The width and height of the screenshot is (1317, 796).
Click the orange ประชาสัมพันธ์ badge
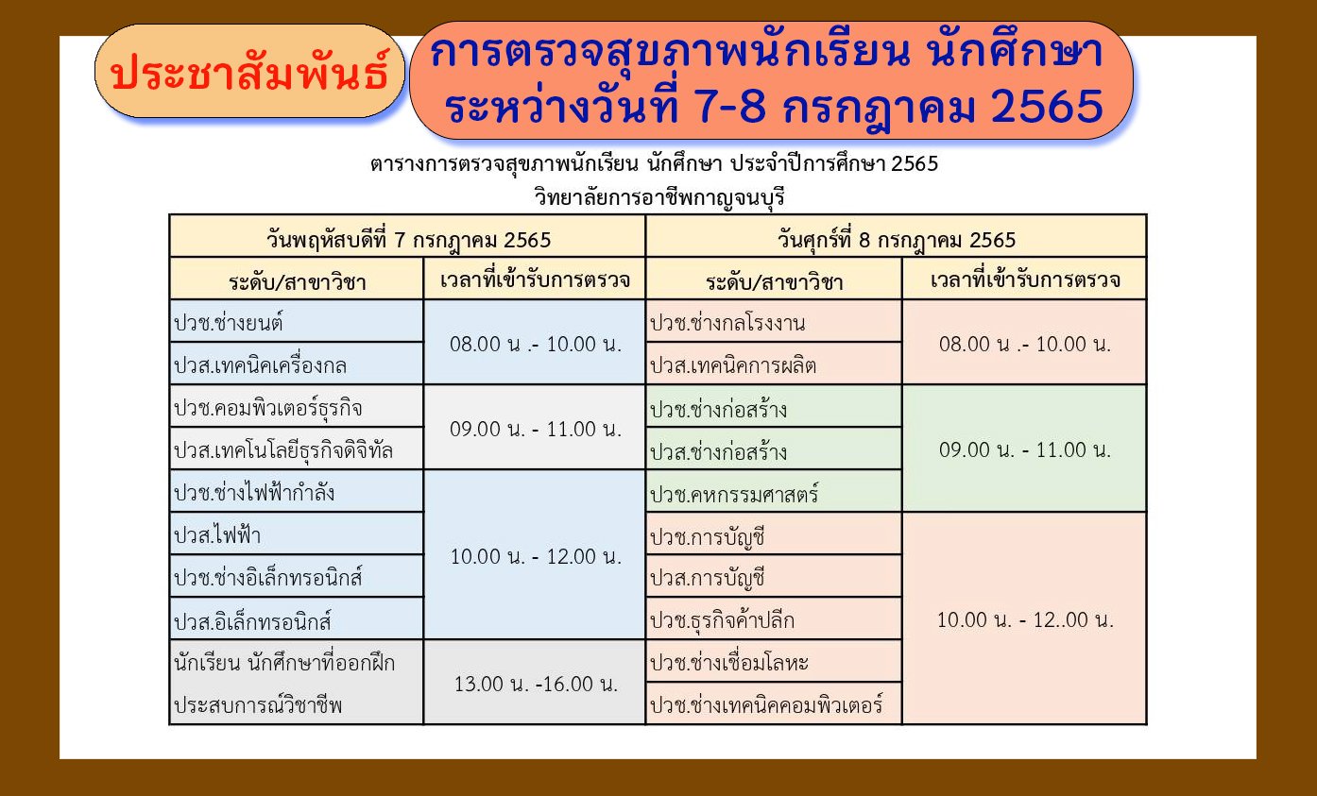point(249,71)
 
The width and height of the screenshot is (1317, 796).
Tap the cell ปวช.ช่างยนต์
point(297,321)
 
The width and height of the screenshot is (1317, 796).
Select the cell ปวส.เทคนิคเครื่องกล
point(297,364)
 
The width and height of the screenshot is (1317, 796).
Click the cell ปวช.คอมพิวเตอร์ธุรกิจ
point(297,406)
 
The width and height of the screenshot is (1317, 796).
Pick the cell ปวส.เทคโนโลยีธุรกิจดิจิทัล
point(297,449)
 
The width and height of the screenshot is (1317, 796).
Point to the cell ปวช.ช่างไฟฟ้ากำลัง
point(297,491)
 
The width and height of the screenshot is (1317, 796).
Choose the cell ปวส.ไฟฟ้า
point(297,533)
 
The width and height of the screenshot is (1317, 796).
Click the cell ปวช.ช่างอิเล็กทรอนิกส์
point(297,576)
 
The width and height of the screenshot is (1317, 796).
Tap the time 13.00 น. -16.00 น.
point(536,684)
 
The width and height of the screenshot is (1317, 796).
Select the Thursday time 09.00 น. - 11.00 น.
point(536,429)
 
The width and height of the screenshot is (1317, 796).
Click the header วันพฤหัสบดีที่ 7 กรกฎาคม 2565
point(409,240)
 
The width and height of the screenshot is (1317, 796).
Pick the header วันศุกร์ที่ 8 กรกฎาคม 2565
point(897,240)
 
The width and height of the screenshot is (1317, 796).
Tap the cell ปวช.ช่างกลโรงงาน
point(774,321)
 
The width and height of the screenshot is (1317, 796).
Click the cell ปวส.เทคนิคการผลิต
point(774,364)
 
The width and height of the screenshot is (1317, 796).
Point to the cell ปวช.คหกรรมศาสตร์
point(774,491)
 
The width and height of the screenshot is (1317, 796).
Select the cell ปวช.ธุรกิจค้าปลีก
point(774,618)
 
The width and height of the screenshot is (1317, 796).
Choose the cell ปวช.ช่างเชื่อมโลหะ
point(774,661)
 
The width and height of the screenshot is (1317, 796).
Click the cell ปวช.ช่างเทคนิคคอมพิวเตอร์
point(774,703)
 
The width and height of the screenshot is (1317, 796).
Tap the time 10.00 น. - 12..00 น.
point(1025,619)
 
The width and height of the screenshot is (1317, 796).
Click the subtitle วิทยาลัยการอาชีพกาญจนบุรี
point(659,196)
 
